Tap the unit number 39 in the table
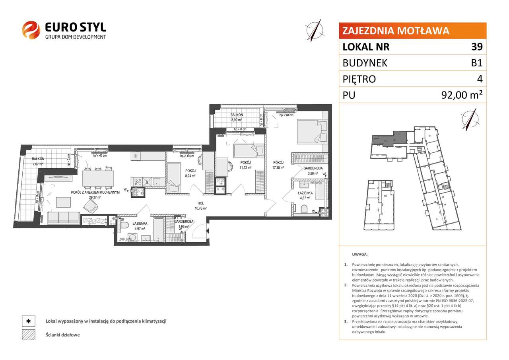(477, 47)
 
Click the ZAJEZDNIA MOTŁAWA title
(396, 31)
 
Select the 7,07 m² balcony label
(38, 161)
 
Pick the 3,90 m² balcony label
(237, 117)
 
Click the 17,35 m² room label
(278, 165)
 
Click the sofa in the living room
(63, 218)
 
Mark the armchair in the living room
(91, 206)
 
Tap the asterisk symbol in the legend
(28, 321)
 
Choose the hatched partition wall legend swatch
(28, 335)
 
